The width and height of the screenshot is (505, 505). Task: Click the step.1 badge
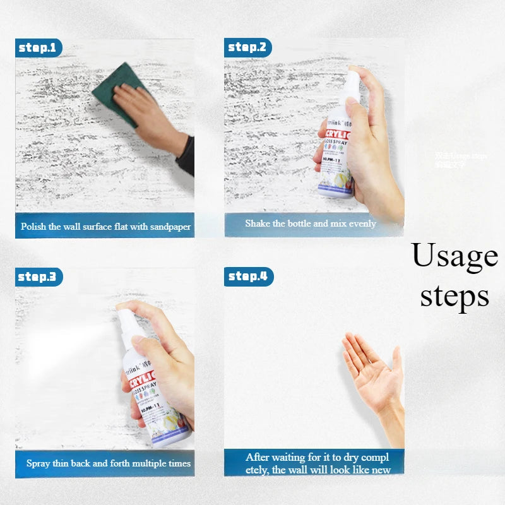tap(38, 47)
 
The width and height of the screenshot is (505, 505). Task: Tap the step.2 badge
tap(247, 47)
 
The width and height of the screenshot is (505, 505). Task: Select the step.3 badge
tap(38, 276)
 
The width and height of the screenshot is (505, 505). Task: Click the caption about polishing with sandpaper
tap(105, 227)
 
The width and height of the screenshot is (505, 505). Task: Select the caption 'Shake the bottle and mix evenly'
tap(310, 223)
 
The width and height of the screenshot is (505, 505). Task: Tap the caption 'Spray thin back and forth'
tap(108, 463)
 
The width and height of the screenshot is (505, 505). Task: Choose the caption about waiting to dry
tap(318, 463)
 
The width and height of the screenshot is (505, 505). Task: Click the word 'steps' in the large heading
tap(454, 295)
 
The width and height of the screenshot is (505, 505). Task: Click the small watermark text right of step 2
tap(460, 160)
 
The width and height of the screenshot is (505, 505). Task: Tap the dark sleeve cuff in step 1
tap(186, 155)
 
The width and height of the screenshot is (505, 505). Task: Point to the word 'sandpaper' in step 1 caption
tap(169, 227)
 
